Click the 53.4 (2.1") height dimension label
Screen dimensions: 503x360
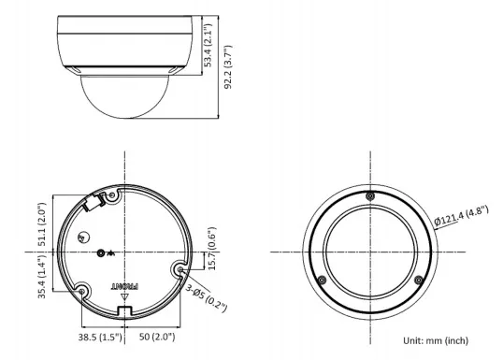point(208,45)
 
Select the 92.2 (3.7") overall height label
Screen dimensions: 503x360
point(227,67)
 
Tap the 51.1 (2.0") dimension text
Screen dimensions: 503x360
point(42,224)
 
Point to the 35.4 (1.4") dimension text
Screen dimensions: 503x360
point(42,277)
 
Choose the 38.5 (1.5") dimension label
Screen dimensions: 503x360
point(100,337)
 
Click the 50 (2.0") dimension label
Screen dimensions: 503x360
point(157,337)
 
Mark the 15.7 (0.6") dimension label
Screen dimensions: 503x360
point(212,249)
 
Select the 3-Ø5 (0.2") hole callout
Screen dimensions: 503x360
point(207,297)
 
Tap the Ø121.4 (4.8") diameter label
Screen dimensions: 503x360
point(461,216)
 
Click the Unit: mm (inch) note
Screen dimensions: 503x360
point(436,340)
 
